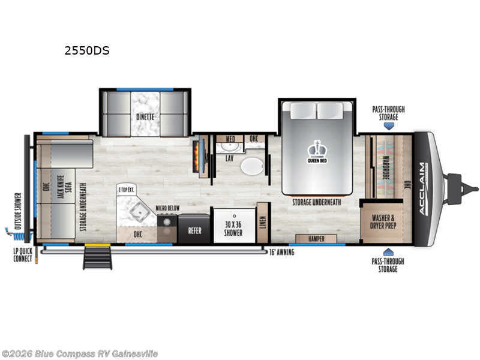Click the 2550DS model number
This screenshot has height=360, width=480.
(87, 51)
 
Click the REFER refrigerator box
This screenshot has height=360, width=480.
(194, 230)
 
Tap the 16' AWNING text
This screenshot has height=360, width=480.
(281, 253)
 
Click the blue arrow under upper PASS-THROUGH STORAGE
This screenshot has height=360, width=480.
(388, 127)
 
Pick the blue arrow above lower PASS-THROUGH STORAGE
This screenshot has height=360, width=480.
(388, 252)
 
